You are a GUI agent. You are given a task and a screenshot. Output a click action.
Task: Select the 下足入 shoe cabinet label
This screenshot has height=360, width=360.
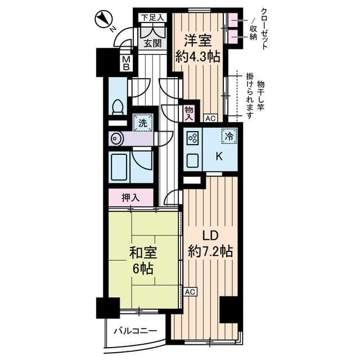pos(152,17)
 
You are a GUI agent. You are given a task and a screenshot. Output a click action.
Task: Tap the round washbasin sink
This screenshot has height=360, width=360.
pos(116,138)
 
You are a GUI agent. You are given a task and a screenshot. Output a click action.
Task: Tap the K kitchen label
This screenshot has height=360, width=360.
pos(219,157)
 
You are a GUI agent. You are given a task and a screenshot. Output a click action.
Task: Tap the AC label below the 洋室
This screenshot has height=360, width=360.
pos(210,119)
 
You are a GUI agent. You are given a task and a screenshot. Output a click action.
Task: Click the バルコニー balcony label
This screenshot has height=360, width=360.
pos(134,330)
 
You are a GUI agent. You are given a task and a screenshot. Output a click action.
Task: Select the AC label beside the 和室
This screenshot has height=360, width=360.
pos(190,292)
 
